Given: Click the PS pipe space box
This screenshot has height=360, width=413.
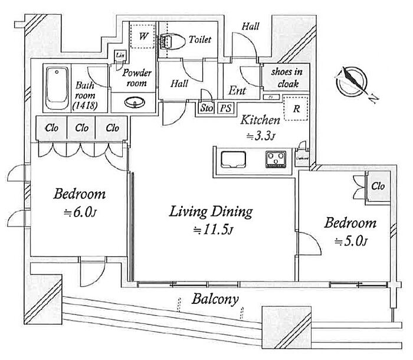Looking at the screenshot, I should [225, 108].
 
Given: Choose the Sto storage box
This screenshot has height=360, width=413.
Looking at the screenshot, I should [206, 108].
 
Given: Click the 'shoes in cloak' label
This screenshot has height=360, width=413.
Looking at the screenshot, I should [286, 78].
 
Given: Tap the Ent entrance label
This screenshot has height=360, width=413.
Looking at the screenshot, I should [237, 91].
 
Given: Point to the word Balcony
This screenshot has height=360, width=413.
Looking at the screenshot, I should [215, 299].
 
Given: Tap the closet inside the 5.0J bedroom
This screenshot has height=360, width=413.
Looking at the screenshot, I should [378, 186].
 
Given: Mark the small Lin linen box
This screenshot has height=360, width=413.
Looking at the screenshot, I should [120, 55].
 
